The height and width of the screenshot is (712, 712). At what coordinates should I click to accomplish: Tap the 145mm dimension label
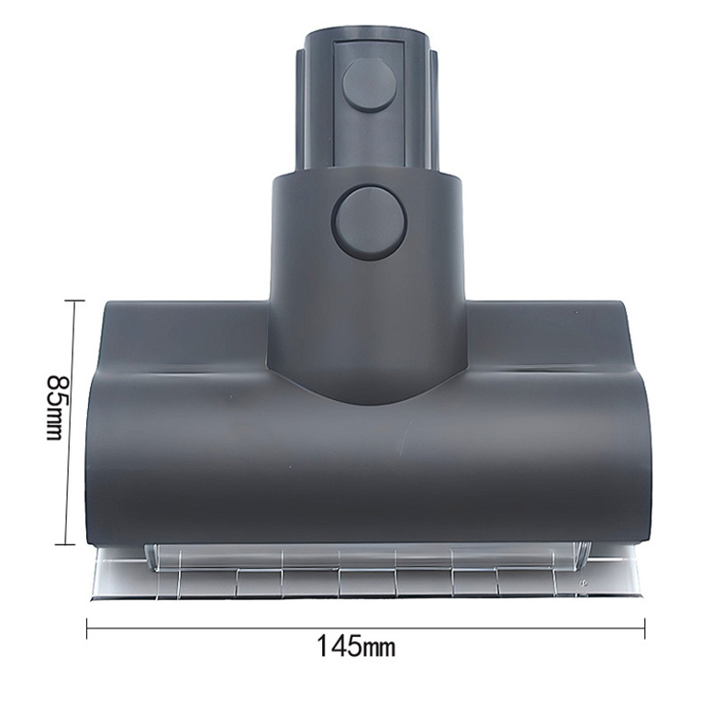point(357,647)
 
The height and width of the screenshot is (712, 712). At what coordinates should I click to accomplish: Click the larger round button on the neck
point(369,220)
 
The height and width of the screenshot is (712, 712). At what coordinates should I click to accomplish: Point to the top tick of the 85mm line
point(70,301)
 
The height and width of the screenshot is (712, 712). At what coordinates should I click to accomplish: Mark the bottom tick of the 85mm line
point(70,544)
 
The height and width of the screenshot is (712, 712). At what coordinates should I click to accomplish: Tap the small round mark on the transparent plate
point(583,581)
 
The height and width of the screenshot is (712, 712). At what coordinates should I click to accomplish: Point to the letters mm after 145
point(378,648)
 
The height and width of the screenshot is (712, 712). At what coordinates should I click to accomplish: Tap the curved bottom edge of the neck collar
point(368,400)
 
